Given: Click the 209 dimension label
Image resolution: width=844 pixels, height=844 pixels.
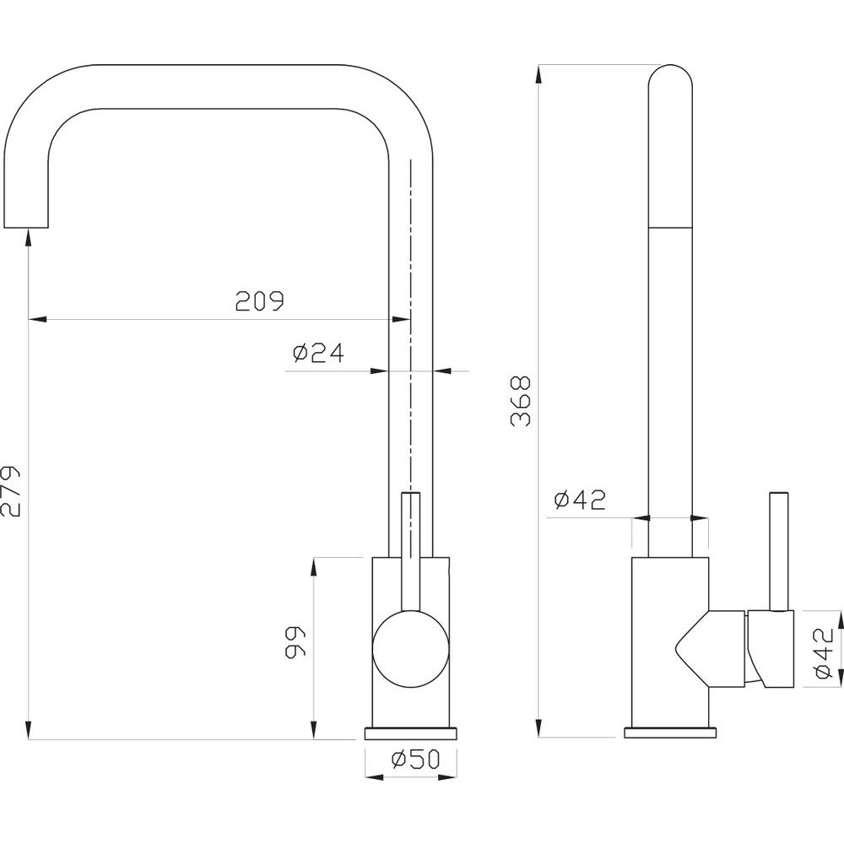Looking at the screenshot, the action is point(259,301).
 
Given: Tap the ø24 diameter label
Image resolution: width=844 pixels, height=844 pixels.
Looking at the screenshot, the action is point(318,353).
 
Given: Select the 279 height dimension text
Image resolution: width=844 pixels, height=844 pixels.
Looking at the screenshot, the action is point(10,490).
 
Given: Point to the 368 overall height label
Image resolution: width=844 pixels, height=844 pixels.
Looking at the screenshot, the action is point(520,402).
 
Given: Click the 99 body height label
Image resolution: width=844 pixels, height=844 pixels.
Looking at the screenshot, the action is point(295,641).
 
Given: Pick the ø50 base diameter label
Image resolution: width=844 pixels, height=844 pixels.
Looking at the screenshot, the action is point(415,759).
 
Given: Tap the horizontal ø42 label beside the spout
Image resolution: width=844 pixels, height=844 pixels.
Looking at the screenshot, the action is point(580,500).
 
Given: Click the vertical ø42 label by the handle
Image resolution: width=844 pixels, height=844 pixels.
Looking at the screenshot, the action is point(824,654).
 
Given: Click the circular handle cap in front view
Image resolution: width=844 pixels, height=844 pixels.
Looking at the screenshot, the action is point(411,648).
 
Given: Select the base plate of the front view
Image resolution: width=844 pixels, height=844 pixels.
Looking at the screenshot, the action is point(411,733).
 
